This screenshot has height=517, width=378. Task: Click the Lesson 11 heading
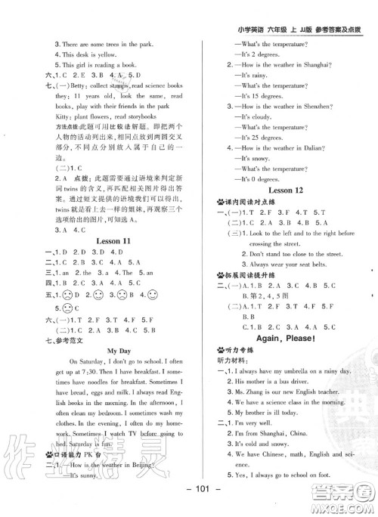pos(114,240)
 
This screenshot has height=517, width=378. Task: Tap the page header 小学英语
pos(253,9)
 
